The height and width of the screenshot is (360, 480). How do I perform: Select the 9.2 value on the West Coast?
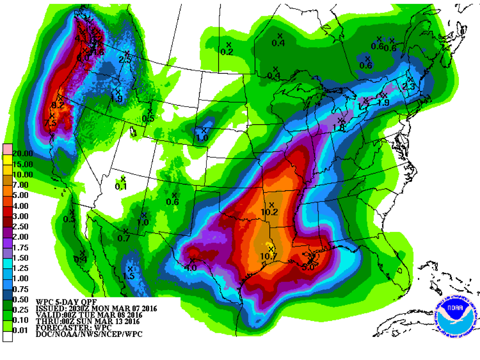tap(58, 105)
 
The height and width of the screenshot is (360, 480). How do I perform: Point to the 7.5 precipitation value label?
tap(50, 123)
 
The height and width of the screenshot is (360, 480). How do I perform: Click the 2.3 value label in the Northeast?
tap(409, 86)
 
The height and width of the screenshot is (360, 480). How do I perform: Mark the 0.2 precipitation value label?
tap(227, 52)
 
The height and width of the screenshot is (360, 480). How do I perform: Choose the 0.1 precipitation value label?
tap(121, 186)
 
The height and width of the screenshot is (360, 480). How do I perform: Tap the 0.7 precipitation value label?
tap(124, 238)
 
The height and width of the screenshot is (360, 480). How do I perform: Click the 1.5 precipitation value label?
tap(129, 276)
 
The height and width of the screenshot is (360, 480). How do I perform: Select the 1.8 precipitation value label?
tap(339, 128)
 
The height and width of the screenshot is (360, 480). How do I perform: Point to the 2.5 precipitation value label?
tap(126, 60)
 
